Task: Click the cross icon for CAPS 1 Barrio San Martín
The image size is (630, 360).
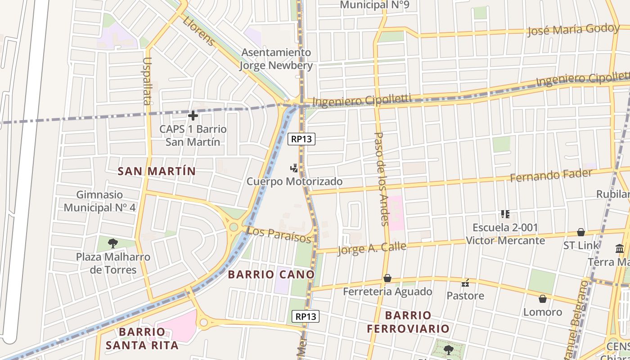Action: coord(193,116)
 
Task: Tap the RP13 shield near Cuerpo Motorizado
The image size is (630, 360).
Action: coord(301,139)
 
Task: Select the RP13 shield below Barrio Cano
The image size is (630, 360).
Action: coord(306,316)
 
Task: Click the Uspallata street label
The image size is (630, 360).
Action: coord(147,81)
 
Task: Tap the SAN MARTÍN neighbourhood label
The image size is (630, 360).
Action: coord(157,171)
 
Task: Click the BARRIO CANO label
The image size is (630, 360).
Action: coord(271,274)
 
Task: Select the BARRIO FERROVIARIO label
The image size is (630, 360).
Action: coord(408,322)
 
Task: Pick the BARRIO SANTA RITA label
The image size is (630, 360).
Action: coord(142,339)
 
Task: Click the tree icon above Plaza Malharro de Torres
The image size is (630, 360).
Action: coord(113,243)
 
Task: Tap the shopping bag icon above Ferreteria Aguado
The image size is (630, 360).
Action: coord(387,279)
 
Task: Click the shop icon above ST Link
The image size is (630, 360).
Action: coord(581,232)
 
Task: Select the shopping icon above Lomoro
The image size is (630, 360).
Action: coord(543,299)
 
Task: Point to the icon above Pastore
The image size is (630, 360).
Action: coord(465,283)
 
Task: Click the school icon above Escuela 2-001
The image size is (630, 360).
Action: coord(505,214)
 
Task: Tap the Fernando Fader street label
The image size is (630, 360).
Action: coord(551,175)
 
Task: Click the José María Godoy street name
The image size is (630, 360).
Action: coord(573,30)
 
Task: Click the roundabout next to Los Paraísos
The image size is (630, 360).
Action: coord(233,227)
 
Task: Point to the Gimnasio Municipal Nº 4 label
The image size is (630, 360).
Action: coord(99,201)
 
